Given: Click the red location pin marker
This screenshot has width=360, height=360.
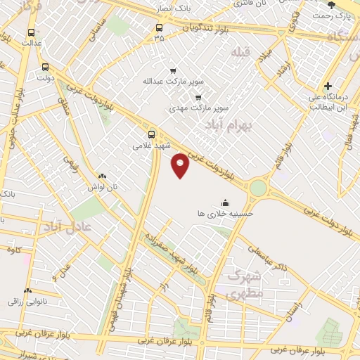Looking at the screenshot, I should [x=181, y=165].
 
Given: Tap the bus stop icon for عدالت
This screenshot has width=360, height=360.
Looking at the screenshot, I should [x=31, y=32].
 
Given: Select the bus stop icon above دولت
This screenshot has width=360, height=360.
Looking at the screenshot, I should [x=46, y=67].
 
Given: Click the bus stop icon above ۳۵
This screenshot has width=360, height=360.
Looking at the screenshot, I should [x=159, y=28].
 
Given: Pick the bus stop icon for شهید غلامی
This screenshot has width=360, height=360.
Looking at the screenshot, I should [x=152, y=134].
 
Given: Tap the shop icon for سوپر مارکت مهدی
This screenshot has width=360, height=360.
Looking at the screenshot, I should [x=198, y=98].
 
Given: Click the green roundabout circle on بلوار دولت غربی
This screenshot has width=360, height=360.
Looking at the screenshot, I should [x=258, y=188].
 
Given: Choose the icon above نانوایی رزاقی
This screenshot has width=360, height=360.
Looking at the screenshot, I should [x=28, y=290].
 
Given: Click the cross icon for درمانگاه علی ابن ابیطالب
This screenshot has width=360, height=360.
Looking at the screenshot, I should [x=328, y=86].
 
